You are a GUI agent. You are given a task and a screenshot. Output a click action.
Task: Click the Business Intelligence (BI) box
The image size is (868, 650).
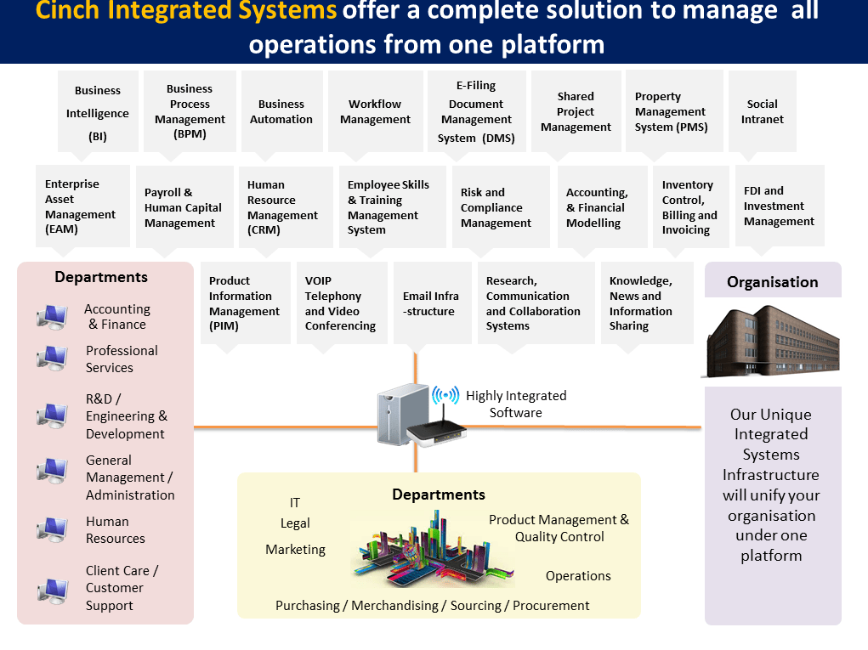click(x=98, y=113)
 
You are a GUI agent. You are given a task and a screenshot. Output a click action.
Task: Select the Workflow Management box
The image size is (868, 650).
click(x=375, y=111)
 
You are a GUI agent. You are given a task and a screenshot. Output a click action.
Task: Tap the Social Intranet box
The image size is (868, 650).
click(x=763, y=111)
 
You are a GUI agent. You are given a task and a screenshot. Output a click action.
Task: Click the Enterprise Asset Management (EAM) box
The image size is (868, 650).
click(x=82, y=206)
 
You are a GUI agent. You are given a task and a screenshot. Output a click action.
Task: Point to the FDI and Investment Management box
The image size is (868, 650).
click(x=779, y=206)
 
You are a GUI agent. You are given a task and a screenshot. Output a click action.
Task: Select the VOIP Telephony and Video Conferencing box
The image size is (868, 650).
click(x=340, y=302)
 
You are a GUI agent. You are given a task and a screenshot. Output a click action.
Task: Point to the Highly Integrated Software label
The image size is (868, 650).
click(x=515, y=404)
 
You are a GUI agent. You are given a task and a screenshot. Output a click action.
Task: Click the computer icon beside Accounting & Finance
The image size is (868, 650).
click(x=52, y=317)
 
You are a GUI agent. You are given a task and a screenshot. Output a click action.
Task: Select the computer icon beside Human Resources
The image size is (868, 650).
click(x=52, y=530)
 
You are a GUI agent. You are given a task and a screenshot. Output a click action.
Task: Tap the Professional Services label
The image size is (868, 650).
click(x=122, y=359)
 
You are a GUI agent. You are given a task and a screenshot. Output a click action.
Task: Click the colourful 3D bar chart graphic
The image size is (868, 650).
click(x=433, y=548)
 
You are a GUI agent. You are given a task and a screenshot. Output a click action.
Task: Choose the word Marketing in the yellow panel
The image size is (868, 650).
click(x=295, y=550)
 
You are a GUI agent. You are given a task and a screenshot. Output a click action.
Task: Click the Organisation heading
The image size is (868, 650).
click(x=772, y=282)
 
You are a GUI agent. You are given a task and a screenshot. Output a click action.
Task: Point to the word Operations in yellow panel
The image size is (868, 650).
click(x=578, y=576)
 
